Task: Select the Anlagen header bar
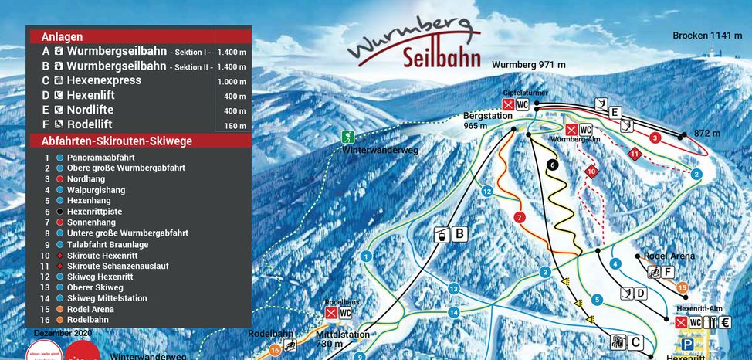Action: (x=140, y=36)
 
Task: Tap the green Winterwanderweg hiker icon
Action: (x=348, y=137)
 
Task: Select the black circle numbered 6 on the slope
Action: (x=553, y=165)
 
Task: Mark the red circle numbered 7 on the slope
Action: (x=519, y=217)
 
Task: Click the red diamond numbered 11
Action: (x=635, y=153)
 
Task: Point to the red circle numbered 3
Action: (x=655, y=138)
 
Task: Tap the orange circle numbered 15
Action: (x=682, y=287)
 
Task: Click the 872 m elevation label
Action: (x=706, y=134)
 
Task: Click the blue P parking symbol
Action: (x=686, y=345)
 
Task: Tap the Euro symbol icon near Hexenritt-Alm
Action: (x=724, y=322)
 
